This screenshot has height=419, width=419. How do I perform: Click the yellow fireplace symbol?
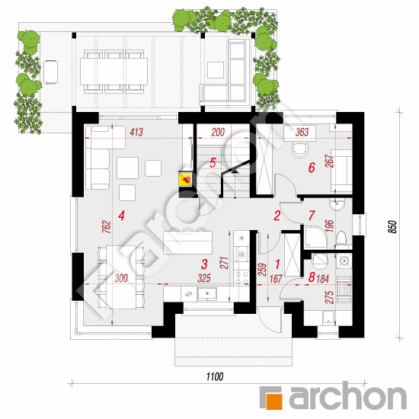[185, 180]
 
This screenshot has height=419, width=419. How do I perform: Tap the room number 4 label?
[122, 216]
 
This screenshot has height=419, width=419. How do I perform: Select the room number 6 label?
[312, 168]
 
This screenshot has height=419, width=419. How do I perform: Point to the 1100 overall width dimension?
[215, 377]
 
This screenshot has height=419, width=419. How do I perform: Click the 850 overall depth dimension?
[392, 226]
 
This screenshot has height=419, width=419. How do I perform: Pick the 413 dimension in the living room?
[136, 132]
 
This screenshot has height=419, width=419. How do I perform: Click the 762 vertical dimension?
[107, 226]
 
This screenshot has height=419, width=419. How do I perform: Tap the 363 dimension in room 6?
[302, 132]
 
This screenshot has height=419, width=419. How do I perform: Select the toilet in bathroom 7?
[341, 238]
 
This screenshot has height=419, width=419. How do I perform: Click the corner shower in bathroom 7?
[316, 237]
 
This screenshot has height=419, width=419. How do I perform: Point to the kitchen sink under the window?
[206, 293]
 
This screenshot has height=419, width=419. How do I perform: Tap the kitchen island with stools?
[188, 241]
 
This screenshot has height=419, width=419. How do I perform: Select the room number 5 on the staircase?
[213, 163]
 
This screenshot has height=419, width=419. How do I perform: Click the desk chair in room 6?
[300, 150]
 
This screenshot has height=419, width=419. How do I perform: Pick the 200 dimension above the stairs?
[218, 132]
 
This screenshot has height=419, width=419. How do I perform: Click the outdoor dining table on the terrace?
[114, 71]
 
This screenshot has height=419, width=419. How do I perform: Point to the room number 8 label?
[312, 277]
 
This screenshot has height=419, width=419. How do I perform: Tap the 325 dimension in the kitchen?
[204, 278]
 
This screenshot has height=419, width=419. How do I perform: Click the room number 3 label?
[204, 264]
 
